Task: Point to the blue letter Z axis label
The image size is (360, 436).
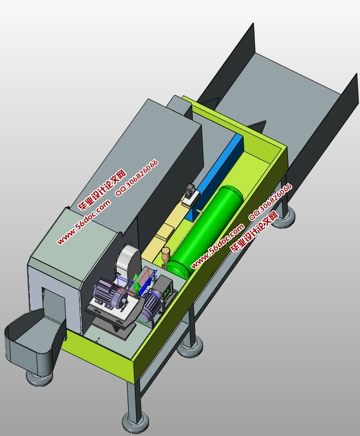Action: pos(155,272)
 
